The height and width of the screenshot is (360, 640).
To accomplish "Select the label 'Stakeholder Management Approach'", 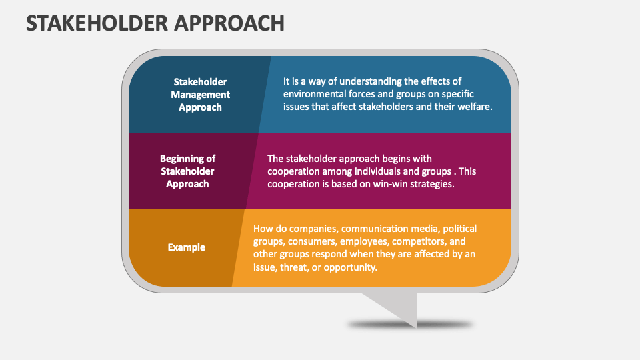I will point(200,94).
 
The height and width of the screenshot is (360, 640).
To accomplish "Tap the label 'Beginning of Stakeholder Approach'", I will point(187,171).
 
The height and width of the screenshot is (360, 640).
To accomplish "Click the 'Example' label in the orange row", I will point(187,247).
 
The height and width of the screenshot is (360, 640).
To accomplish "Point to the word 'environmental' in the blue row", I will point(313,94).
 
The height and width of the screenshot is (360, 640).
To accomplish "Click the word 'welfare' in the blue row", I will point(475,107).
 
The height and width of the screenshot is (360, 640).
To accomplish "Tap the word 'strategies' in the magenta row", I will point(431,184).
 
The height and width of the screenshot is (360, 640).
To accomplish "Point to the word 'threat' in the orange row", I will point(299,267).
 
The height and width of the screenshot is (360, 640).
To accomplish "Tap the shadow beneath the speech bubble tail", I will point(410,325).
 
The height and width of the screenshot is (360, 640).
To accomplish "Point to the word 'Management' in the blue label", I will point(200,94).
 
